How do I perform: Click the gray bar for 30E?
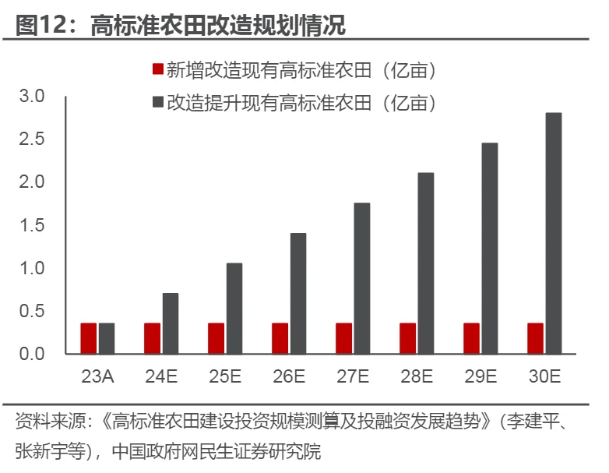(x=554, y=233)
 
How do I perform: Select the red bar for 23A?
(x=89, y=338)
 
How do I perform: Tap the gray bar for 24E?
(x=171, y=323)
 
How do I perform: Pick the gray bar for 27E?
(x=362, y=278)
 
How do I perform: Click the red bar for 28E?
(x=408, y=338)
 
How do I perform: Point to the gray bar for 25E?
(x=234, y=309)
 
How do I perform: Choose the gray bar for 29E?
(x=490, y=248)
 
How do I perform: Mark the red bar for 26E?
(x=280, y=338)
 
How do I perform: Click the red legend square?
(x=157, y=70)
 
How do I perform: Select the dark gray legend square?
(x=157, y=102)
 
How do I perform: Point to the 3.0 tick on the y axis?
(x=33, y=96)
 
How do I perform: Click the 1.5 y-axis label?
(x=33, y=225)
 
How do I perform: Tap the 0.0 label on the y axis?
(x=33, y=354)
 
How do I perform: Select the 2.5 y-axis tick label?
(x=33, y=139)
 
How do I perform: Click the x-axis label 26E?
(x=289, y=376)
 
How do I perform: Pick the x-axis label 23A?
(x=97, y=376)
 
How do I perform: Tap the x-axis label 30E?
(x=544, y=376)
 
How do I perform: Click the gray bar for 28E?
(x=426, y=263)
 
